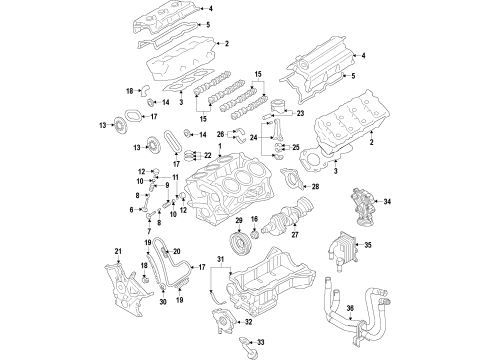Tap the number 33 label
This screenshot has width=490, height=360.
(261, 343)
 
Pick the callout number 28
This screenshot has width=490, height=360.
(316, 187)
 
